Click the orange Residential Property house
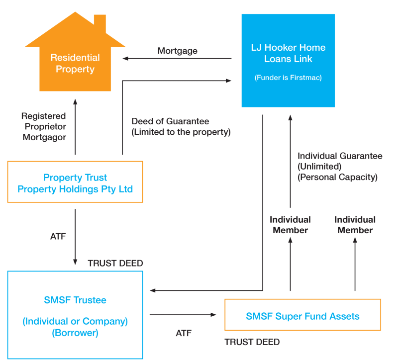point(75,62)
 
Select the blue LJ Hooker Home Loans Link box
point(288,61)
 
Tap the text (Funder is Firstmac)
point(288,78)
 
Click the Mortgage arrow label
point(178,51)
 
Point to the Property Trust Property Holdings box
point(75,182)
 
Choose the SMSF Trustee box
point(75,315)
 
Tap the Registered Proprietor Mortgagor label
point(44,126)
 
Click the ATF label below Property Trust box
point(58,237)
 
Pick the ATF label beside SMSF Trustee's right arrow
point(184,333)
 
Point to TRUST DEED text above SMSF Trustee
point(115,263)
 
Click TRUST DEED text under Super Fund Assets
point(252,342)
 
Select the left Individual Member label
point(290,225)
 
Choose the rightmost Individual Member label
point(355,225)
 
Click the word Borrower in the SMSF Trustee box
point(75,333)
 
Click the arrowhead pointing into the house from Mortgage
point(125,59)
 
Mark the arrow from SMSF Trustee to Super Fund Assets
point(183,315)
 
